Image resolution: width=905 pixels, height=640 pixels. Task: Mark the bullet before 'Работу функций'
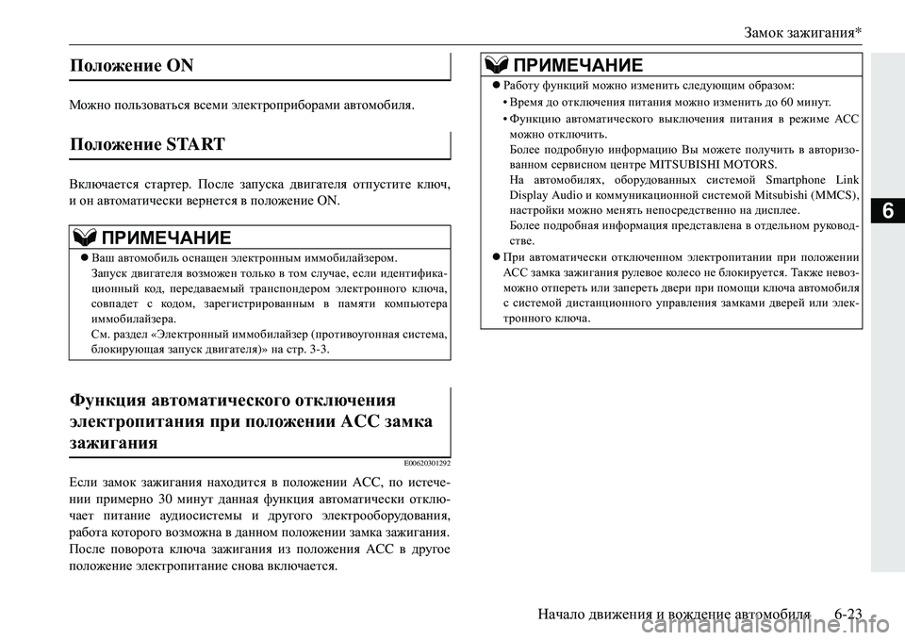[x=495, y=85]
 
